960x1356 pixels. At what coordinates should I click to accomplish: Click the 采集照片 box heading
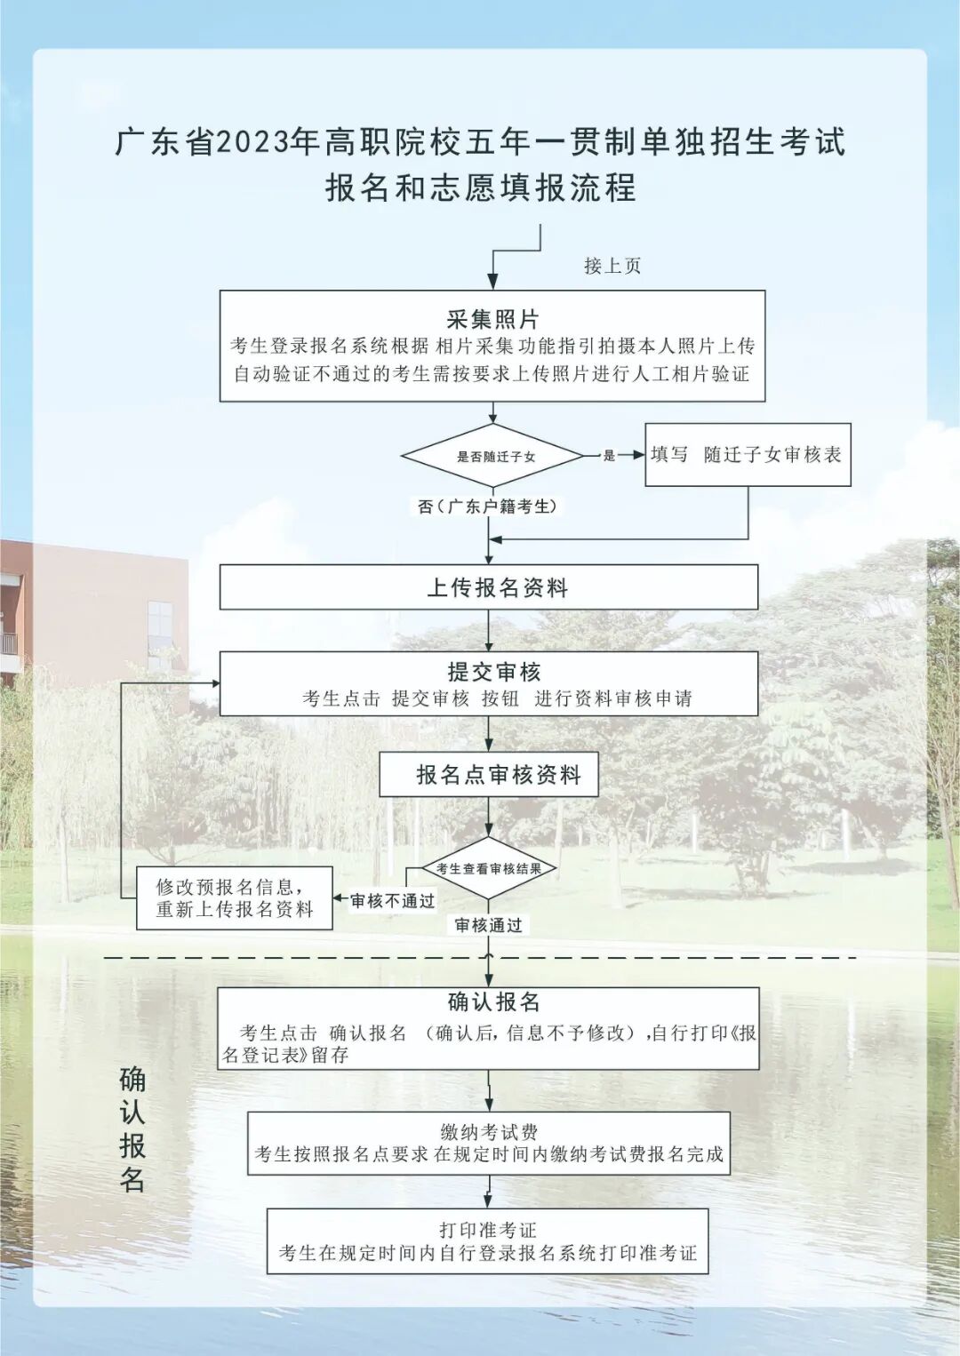point(492,319)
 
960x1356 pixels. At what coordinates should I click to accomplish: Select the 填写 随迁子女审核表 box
point(748,455)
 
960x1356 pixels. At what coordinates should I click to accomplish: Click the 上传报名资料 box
point(489,587)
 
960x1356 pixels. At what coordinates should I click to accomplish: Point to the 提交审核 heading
point(493,672)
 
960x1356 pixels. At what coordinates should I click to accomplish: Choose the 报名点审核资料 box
point(489,775)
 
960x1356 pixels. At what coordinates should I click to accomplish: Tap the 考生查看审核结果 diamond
point(489,868)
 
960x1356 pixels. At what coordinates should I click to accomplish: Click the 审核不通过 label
point(392,901)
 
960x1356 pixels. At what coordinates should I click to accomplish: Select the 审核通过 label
point(488,925)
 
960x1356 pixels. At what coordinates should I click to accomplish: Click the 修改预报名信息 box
point(235,898)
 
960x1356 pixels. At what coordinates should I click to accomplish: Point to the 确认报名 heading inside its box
point(493,1002)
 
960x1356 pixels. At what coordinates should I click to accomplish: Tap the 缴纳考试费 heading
point(489,1132)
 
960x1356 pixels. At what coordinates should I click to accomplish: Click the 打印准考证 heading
point(488,1230)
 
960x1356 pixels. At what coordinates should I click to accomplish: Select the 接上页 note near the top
point(612,266)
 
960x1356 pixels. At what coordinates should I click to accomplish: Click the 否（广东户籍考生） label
point(488,507)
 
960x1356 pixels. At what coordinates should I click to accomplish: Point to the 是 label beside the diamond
point(609,456)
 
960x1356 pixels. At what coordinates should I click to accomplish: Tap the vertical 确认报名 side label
point(132,1129)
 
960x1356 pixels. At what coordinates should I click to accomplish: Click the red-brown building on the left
point(89,613)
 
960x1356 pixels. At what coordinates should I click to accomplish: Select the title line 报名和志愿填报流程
point(480,187)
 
